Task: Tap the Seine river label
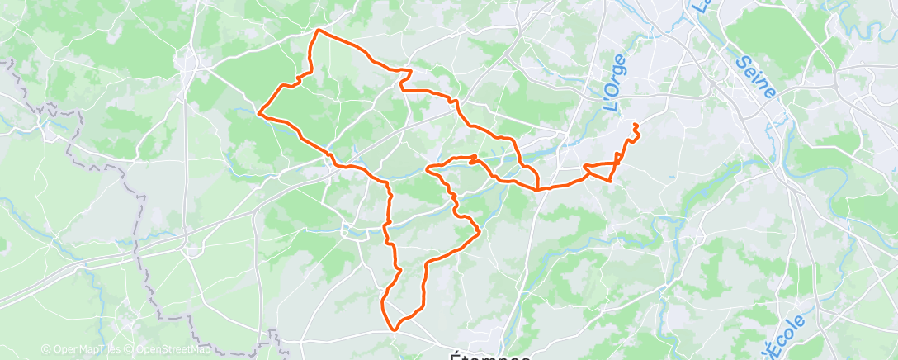pos(755,76)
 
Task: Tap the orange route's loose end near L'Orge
pos(635,124)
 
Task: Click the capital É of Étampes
pos(456,356)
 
